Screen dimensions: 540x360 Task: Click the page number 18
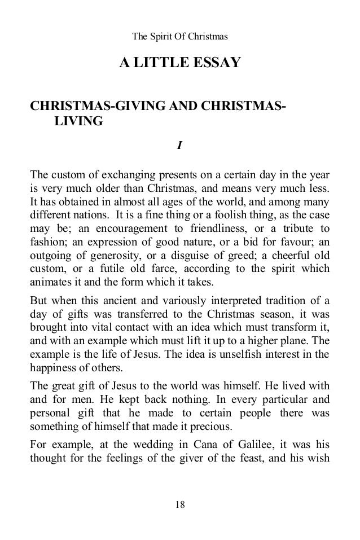[x=179, y=504]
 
